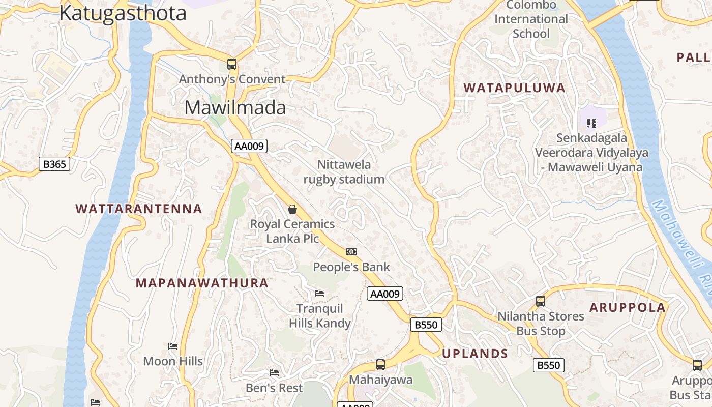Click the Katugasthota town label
pos(123,13)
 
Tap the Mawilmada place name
pos(235,107)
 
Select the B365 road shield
pos(54,164)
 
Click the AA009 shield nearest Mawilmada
pos(249,146)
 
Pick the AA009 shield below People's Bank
pos(385,294)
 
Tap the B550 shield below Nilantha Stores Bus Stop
pos(549,365)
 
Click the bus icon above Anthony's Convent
pos(232,64)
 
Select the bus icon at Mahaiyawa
pos(380,364)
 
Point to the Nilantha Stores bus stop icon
pos(541,301)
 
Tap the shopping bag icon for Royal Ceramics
pos(292,209)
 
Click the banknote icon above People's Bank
pos(351,252)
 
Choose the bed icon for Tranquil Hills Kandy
pos(319,293)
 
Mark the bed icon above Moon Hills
pos(173,346)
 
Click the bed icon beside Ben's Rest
pos(274,373)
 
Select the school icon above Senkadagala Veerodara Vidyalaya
pos(591,123)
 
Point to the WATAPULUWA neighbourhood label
pos(515,88)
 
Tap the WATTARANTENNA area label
pos(139,209)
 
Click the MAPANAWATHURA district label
pos(202,283)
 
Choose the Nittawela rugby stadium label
pos(344,172)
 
